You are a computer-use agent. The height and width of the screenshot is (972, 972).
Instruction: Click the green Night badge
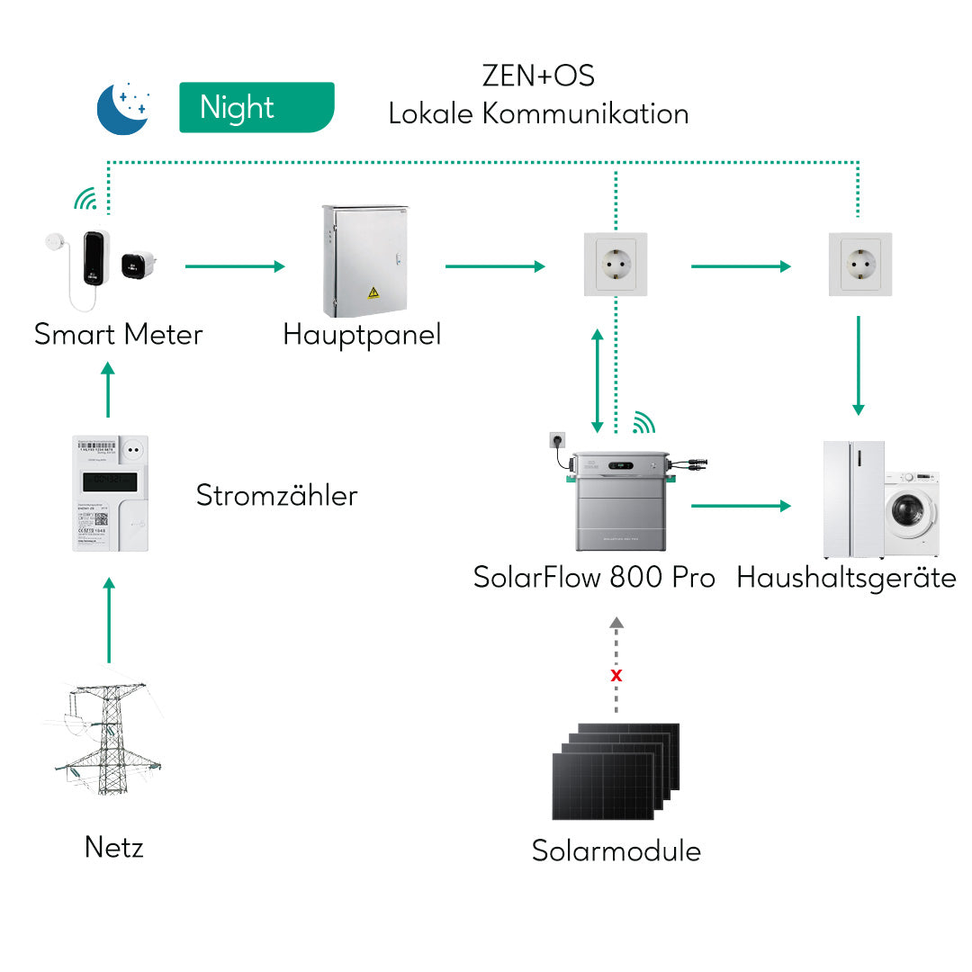click(x=256, y=108)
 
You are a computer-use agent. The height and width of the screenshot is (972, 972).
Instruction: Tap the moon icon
click(x=123, y=108)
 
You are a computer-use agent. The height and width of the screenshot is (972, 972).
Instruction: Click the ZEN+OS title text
click(x=538, y=76)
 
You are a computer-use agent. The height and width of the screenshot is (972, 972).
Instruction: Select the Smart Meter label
click(x=118, y=335)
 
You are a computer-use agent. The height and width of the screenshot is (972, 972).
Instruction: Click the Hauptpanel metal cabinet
click(x=364, y=261)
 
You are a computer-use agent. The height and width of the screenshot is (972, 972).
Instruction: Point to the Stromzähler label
click(x=276, y=495)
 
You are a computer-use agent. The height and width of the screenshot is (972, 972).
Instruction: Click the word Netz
click(x=113, y=847)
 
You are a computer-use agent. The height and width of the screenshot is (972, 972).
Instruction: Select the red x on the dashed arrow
click(x=616, y=675)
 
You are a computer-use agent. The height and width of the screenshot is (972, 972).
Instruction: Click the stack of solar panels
click(x=615, y=771)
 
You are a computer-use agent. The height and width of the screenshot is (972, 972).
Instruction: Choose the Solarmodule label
click(x=616, y=850)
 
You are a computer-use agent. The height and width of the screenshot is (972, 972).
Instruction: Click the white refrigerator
click(x=853, y=499)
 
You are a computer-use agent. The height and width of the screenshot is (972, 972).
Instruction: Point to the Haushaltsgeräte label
click(x=846, y=577)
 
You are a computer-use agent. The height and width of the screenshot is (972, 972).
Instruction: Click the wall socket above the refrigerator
click(x=859, y=265)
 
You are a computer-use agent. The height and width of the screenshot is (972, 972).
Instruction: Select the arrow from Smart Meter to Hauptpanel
click(x=234, y=266)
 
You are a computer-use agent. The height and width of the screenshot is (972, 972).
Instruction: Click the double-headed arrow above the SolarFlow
click(x=596, y=380)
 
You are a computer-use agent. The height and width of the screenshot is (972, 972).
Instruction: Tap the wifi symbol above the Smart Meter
click(x=85, y=200)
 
